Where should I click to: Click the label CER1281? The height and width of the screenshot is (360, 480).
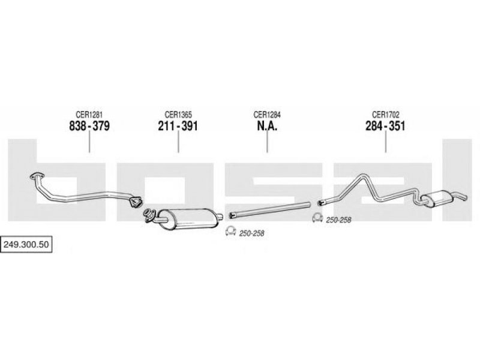pyautogui.click(x=89, y=115)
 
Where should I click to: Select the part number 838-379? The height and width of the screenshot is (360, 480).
pyautogui.click(x=89, y=126)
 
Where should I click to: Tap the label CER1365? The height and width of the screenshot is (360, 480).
pyautogui.click(x=178, y=115)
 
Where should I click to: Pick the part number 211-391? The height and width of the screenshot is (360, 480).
pyautogui.click(x=178, y=126)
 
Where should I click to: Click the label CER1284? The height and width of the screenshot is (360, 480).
pyautogui.click(x=267, y=115)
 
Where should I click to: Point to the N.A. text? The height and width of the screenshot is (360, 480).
pyautogui.click(x=267, y=126)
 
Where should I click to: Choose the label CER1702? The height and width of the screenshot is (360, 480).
pyautogui.click(x=385, y=115)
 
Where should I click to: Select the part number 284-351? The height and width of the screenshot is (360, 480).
pyautogui.click(x=385, y=126)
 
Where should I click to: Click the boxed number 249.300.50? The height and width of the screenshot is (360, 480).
pyautogui.click(x=26, y=244)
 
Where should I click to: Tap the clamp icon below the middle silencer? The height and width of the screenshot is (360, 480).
pyautogui.click(x=230, y=232)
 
